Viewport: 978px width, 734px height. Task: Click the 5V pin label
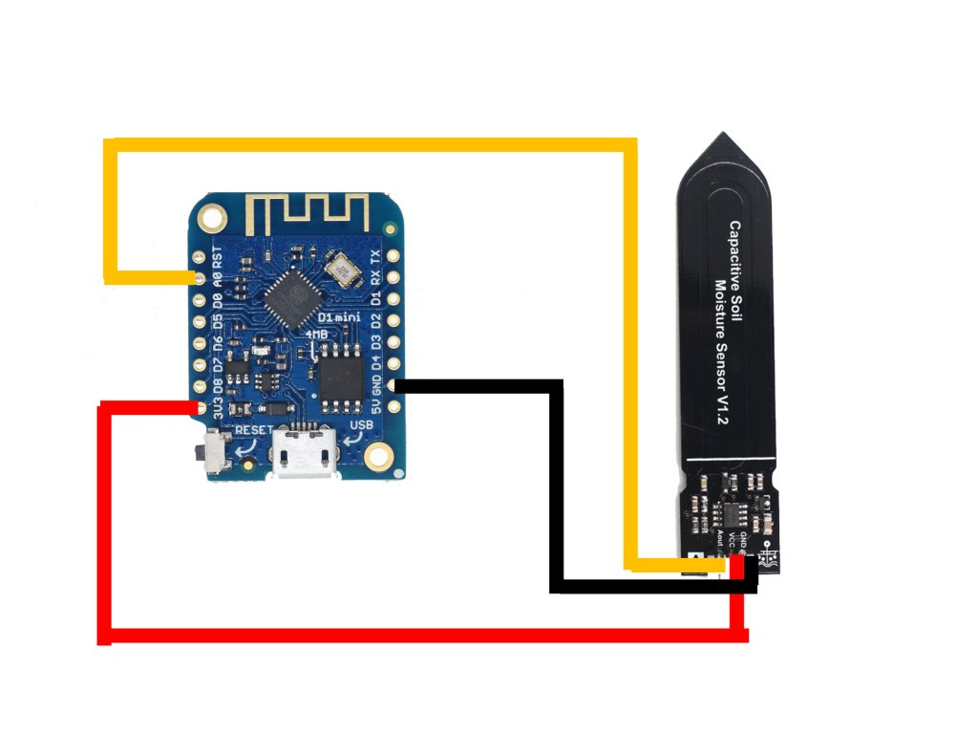coord(377,406)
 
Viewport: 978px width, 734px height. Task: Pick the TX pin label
coord(377,257)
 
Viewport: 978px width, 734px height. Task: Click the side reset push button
coord(213,450)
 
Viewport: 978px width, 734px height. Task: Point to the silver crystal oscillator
coord(340,269)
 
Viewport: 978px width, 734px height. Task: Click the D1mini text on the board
coord(339,315)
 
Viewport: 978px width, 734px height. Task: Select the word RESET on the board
coord(253,429)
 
